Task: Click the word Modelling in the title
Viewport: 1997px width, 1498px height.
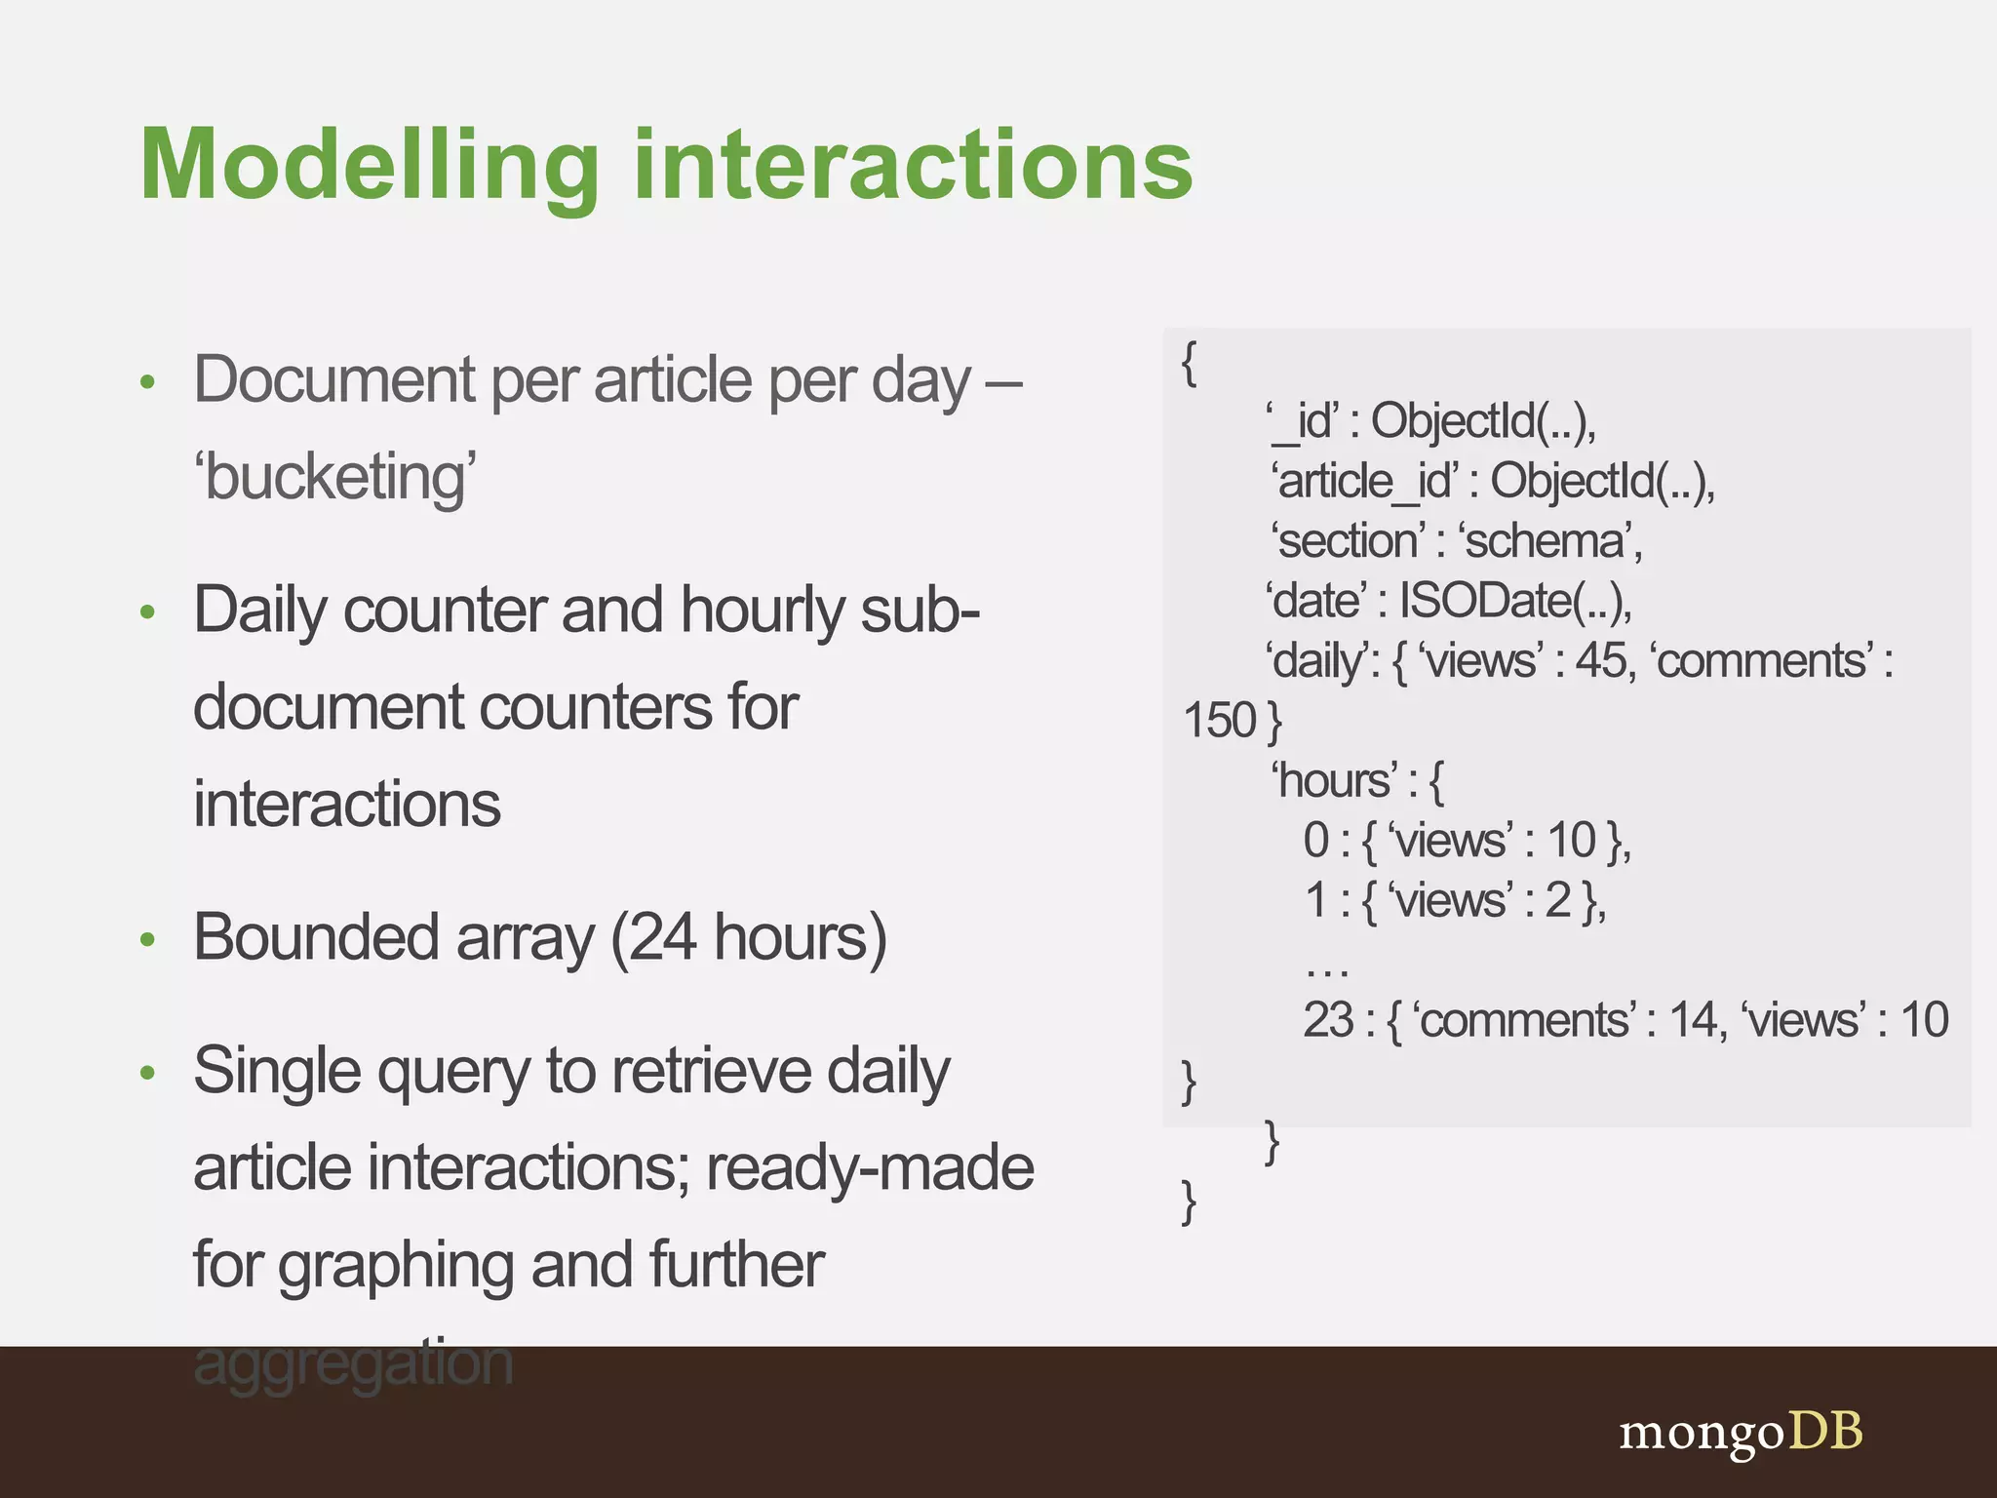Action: pos(369,166)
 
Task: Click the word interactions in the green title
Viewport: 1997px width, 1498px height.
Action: pos(913,166)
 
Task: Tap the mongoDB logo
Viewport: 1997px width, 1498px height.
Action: pos(1741,1432)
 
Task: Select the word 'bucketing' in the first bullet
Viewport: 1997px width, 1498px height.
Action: pos(334,478)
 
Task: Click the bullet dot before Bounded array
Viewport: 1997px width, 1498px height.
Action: pos(147,940)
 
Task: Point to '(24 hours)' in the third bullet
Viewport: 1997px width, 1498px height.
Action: pos(749,938)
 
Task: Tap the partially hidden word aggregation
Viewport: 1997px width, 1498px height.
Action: pos(353,1363)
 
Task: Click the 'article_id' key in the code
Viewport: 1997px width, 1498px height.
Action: pos(1365,481)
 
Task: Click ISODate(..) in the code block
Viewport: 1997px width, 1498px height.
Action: pos(1513,601)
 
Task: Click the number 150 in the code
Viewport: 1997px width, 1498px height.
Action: pos(1219,722)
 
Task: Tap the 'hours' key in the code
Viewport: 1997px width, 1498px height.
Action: pos(1335,781)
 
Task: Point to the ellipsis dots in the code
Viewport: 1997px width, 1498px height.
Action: pos(1327,971)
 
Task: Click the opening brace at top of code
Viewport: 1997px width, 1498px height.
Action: pos(1189,364)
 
